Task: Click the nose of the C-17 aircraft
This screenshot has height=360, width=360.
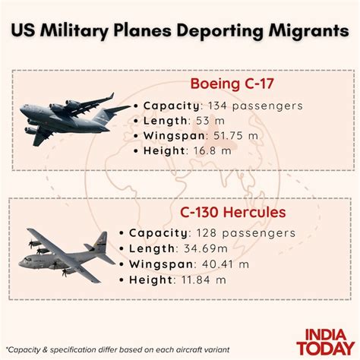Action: click(x=24, y=115)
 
